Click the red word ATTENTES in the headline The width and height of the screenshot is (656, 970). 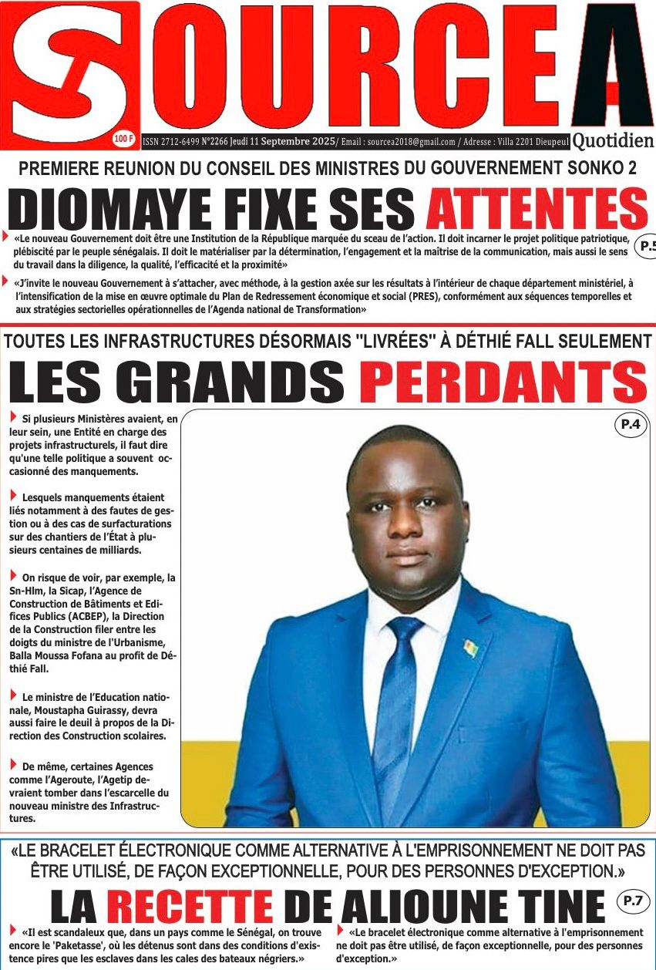coord(537,209)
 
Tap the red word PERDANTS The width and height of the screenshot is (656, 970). coord(503,382)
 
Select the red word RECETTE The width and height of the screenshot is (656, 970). coord(190,906)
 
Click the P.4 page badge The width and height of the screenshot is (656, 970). coord(631,423)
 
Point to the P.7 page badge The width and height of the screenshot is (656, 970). coord(632,899)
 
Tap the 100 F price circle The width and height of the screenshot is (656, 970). coord(123,139)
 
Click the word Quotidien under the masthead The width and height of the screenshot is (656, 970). coord(613,140)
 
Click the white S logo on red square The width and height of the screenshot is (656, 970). coord(69,73)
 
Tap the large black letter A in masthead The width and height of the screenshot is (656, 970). coord(613,66)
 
